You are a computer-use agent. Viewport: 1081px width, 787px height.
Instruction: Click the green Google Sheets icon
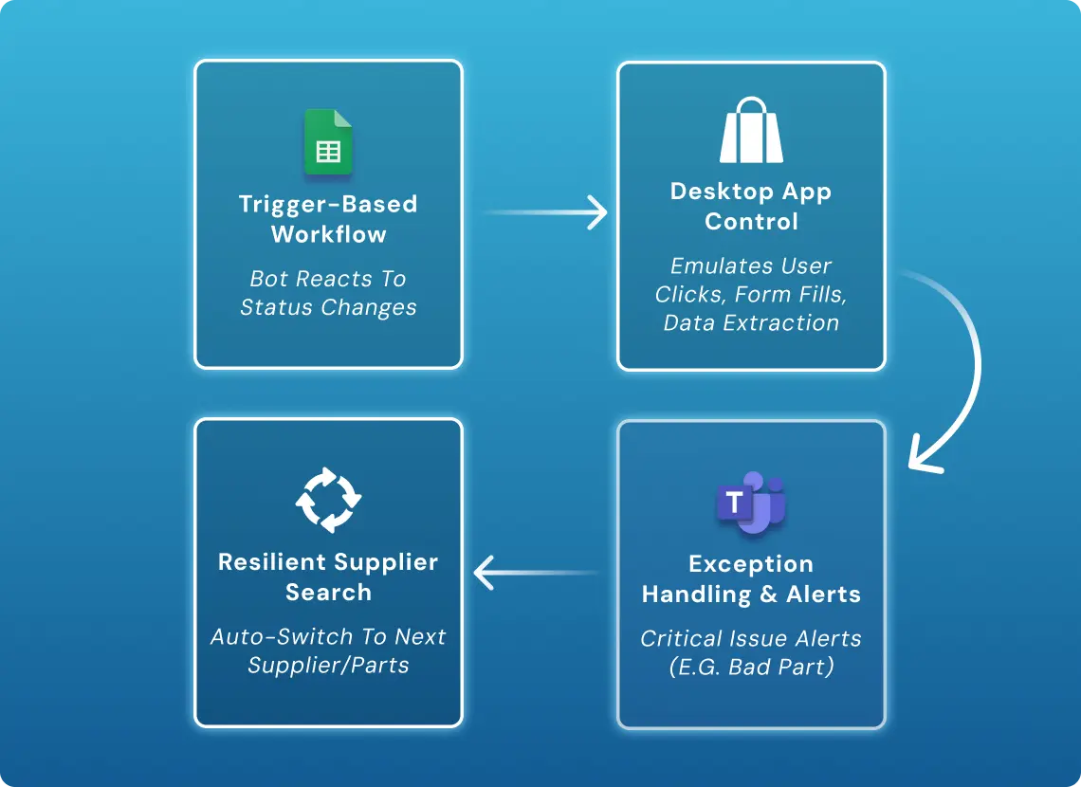tap(328, 142)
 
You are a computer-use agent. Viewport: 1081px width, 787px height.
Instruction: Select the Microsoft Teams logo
tap(751, 502)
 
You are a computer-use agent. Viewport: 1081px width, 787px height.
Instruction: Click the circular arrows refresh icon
tap(328, 499)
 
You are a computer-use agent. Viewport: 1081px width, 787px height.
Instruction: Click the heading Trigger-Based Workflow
tap(328, 219)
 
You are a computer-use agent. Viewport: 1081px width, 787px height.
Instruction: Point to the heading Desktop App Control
tap(751, 206)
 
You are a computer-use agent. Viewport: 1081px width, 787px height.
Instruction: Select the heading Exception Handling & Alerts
tap(751, 578)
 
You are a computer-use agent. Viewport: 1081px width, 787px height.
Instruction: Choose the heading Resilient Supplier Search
tap(328, 577)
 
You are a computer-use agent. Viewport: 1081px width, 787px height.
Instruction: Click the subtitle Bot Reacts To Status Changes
tap(328, 293)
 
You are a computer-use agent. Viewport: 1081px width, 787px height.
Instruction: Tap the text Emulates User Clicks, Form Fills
tap(751, 281)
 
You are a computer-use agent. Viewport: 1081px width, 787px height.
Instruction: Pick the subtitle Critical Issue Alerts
tap(751, 638)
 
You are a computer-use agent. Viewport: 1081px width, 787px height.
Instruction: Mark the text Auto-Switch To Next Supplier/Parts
tap(328, 650)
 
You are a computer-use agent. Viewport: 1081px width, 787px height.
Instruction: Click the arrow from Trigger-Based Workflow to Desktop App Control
tap(547, 212)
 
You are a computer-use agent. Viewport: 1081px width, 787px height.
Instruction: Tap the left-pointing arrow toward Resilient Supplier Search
tap(537, 573)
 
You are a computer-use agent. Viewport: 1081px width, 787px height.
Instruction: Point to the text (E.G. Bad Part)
tap(751, 667)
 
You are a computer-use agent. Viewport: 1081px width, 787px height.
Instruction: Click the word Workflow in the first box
tap(328, 234)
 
